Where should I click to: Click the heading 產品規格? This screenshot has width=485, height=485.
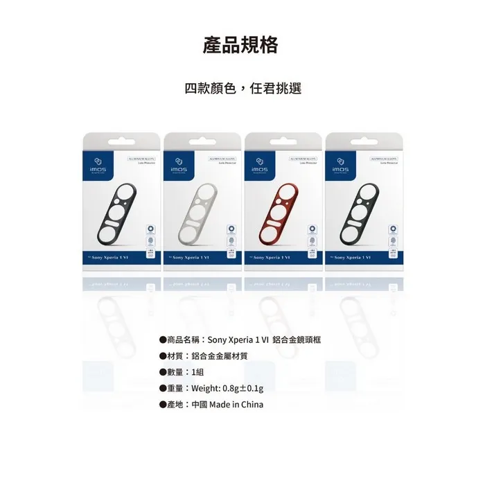click(x=242, y=45)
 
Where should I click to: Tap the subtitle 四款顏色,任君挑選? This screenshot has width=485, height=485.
click(x=242, y=89)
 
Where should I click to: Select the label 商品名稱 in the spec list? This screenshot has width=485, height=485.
click(x=184, y=339)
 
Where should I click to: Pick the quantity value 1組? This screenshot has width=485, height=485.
click(x=198, y=372)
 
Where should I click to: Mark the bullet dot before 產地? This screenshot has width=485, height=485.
click(x=162, y=405)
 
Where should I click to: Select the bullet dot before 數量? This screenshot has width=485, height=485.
click(x=162, y=372)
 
